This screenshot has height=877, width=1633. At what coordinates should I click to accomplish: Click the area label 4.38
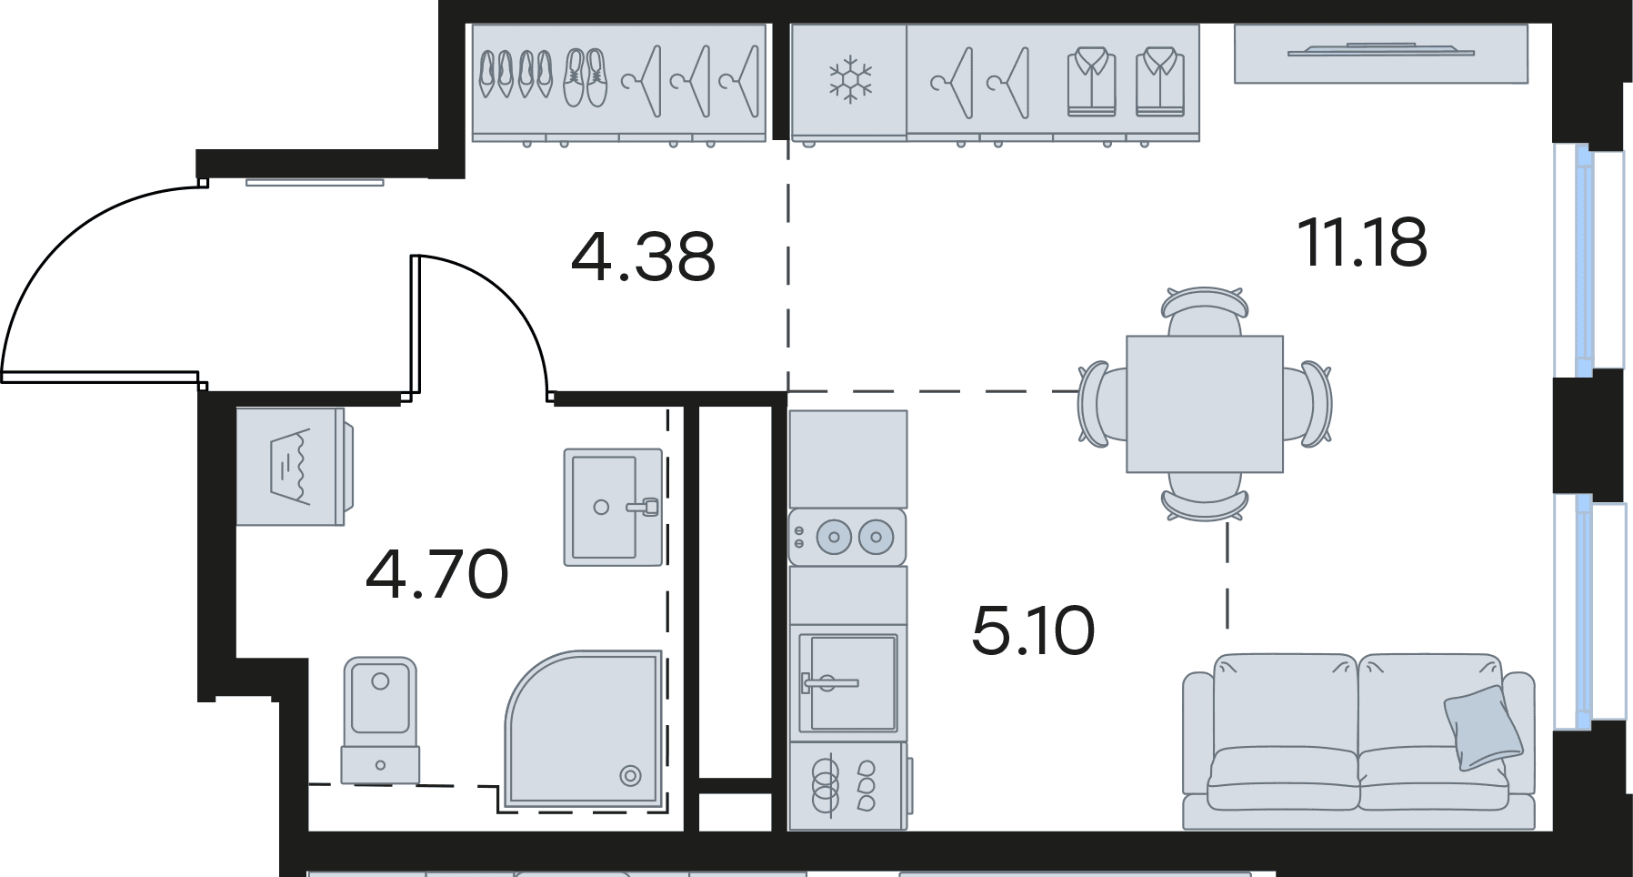[x=643, y=257]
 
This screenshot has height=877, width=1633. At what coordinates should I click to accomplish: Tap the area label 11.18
[x=1362, y=243]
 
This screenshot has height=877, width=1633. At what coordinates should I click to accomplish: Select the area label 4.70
[x=437, y=574]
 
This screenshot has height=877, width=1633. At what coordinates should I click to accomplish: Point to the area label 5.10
[x=1033, y=630]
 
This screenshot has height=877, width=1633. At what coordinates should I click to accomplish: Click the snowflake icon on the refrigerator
[x=850, y=78]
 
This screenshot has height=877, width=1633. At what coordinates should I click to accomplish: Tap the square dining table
[x=1205, y=404]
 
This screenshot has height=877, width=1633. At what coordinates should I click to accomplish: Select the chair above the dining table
[x=1204, y=312]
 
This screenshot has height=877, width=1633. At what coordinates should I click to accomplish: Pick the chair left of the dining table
[x=1103, y=403]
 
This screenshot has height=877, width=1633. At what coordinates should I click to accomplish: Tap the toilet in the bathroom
[x=380, y=719]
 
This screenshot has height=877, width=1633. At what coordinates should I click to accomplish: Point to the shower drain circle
[x=629, y=776]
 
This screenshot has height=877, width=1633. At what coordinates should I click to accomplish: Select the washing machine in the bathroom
[x=294, y=466]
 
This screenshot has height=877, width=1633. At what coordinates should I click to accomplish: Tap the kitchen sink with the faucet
[x=848, y=682]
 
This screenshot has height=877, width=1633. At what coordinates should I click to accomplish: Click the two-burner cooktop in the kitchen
[x=847, y=537]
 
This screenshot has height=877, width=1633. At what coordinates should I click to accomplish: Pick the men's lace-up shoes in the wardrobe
[x=585, y=77]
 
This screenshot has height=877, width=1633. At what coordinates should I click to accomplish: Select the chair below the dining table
[x=1205, y=496]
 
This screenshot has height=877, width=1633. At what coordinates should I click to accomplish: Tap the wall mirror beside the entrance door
[x=315, y=183]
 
